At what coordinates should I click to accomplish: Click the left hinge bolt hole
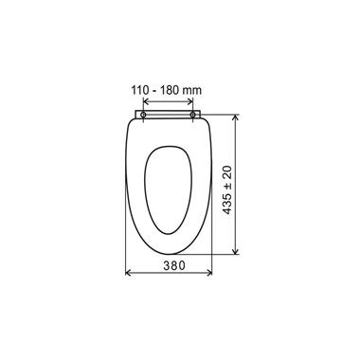coord(143,115)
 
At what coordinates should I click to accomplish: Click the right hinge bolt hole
coord(192,115)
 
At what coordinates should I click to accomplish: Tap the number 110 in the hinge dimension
coord(140,91)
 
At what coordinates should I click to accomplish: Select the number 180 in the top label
coord(170,91)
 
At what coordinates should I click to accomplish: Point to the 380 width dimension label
coord(174,265)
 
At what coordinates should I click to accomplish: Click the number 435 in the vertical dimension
coord(227,204)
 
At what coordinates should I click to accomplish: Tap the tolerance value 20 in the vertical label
coord(227,171)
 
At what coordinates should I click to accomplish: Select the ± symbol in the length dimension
coord(227,186)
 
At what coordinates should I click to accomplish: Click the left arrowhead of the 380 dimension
coord(128,273)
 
